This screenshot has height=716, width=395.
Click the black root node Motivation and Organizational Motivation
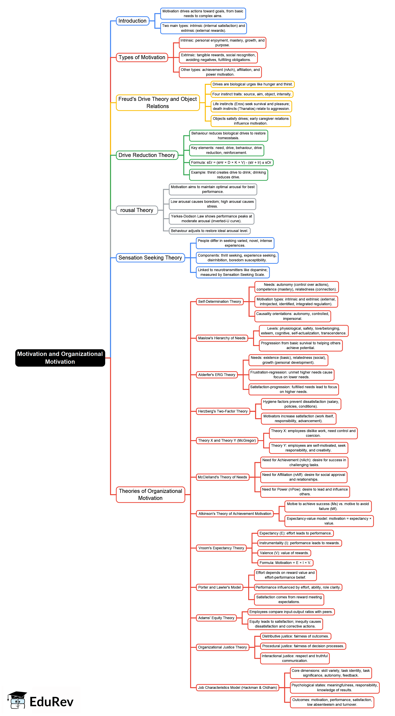[60, 358]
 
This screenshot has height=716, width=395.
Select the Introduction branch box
[132, 21]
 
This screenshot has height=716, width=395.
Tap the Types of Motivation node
[142, 57]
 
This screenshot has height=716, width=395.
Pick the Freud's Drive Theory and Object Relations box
[157, 103]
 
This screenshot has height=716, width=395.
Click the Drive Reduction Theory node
[147, 155]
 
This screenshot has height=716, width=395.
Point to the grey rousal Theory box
[137, 210]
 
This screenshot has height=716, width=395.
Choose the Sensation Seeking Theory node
[150, 258]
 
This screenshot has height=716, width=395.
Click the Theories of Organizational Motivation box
[150, 494]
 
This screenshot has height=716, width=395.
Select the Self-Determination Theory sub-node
[219, 302]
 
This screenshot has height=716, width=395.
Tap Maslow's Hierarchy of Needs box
[222, 338]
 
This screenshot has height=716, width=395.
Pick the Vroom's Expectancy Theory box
[221, 548]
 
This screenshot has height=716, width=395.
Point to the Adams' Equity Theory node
[216, 618]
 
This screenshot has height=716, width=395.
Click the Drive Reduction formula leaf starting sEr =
[231, 163]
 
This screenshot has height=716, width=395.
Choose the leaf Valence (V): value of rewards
[284, 553]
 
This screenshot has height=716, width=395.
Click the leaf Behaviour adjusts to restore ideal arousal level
[209, 231]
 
